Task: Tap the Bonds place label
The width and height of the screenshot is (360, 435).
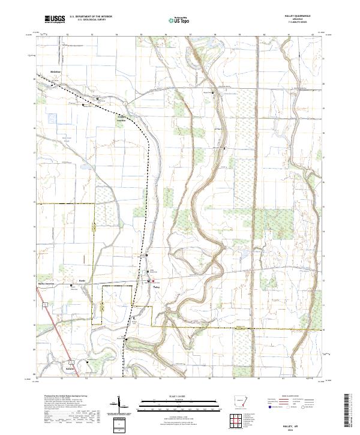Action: (x=82, y=280)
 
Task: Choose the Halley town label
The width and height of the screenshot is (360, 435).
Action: (x=157, y=287)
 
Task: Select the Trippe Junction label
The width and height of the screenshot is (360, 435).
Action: (x=124, y=117)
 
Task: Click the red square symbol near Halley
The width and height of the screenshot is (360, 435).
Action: (x=153, y=280)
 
